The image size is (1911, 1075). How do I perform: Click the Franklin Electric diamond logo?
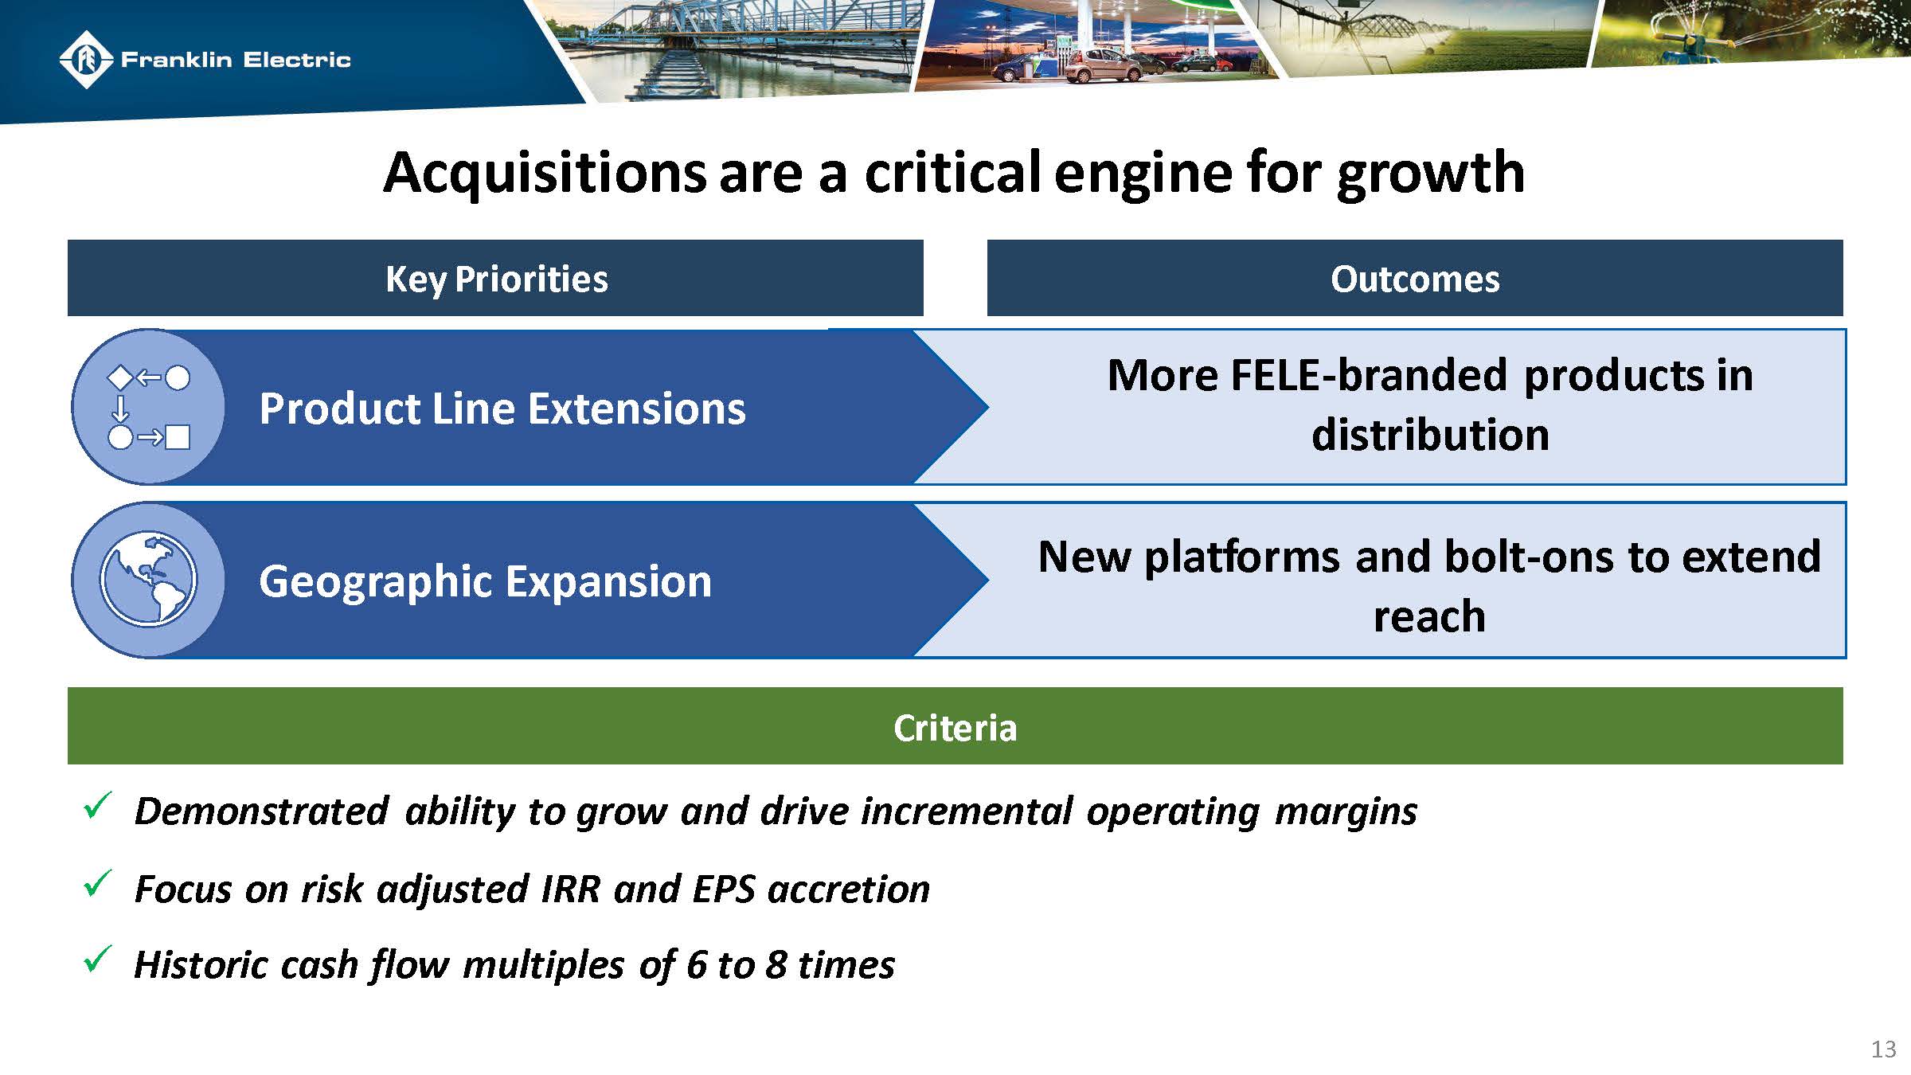point(85,59)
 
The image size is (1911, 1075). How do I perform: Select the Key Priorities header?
point(496,279)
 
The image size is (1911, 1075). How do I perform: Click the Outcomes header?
point(1415,279)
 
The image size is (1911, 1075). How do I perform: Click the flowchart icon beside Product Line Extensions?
point(149,407)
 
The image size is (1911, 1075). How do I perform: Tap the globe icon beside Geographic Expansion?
point(148,579)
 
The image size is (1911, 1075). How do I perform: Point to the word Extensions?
point(636,408)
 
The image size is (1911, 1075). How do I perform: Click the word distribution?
point(1430,435)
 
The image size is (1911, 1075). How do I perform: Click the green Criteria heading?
point(955,727)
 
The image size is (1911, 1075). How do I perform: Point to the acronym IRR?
point(570,889)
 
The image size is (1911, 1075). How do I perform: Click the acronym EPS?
point(723,889)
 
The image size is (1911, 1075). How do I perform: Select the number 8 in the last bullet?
point(776,965)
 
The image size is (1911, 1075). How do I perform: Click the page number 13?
point(1883,1049)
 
